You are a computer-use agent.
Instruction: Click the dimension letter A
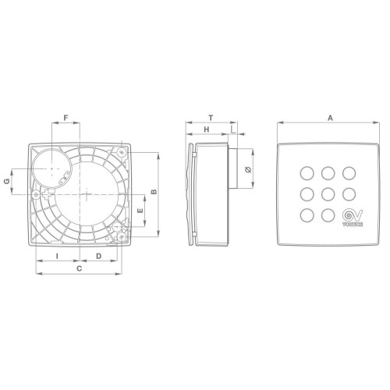pos(330,118)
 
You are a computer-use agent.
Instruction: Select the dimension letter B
pos(154,191)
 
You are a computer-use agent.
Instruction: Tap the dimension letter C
pos(78,268)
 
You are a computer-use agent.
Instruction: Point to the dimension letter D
pos(99,256)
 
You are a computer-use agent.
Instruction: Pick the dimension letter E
pos(140,211)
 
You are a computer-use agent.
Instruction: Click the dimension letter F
pos(66,118)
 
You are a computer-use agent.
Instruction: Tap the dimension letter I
pos(58,256)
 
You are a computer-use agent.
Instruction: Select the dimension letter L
pos(235,130)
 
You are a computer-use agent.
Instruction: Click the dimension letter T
pos(211,118)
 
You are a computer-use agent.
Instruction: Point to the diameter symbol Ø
pos(247,169)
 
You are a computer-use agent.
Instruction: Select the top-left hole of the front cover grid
pos(306,172)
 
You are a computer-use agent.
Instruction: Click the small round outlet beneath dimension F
pos(51,168)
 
